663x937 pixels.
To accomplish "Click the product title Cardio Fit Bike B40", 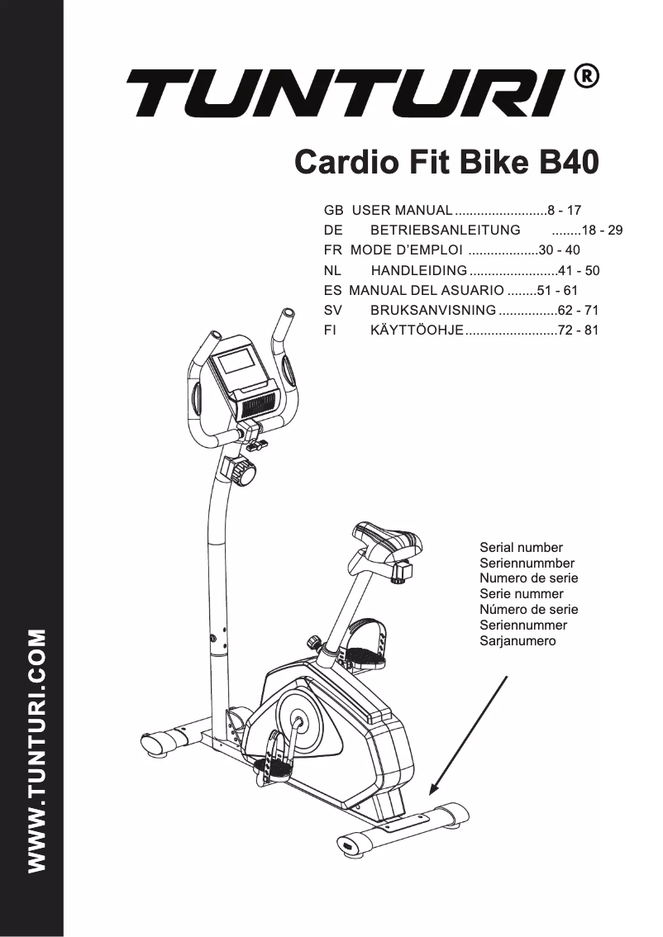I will point(446,162).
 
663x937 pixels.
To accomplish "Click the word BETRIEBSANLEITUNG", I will point(445,231).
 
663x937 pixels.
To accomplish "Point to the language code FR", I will point(332,250).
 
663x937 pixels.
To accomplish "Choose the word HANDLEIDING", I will point(418,271).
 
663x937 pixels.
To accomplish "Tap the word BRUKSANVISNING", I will point(433,312).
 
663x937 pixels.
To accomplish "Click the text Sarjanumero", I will point(518,641).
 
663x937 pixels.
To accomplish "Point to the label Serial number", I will point(521,547).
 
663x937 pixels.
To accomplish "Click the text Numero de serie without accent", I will point(528,578).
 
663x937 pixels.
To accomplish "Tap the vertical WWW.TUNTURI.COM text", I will point(36,751).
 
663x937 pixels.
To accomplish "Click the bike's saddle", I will point(386,540).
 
